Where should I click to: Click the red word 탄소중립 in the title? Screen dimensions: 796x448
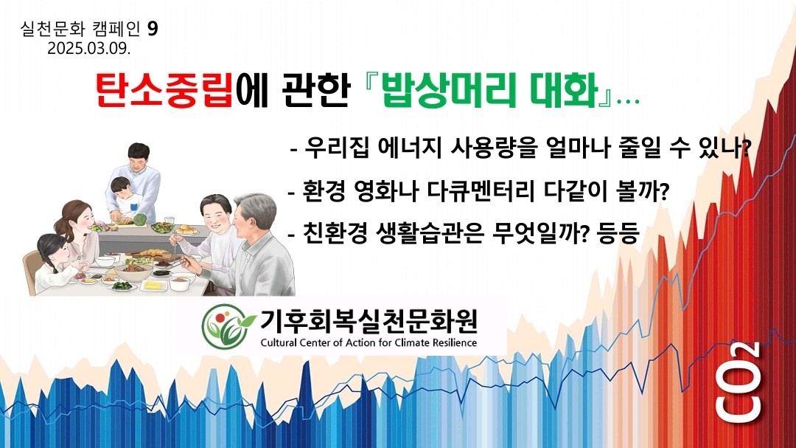(164, 90)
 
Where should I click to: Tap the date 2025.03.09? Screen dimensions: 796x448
(89, 48)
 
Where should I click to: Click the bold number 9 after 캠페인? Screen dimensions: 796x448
(153, 29)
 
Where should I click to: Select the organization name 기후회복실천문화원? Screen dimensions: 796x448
(369, 320)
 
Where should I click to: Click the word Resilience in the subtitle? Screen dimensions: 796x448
(455, 342)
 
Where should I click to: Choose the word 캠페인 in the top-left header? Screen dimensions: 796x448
(116, 29)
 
